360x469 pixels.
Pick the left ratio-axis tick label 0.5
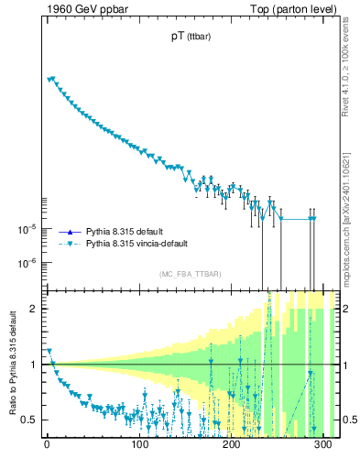tap(29, 420)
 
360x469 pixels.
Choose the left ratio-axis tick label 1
tap(34, 365)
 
